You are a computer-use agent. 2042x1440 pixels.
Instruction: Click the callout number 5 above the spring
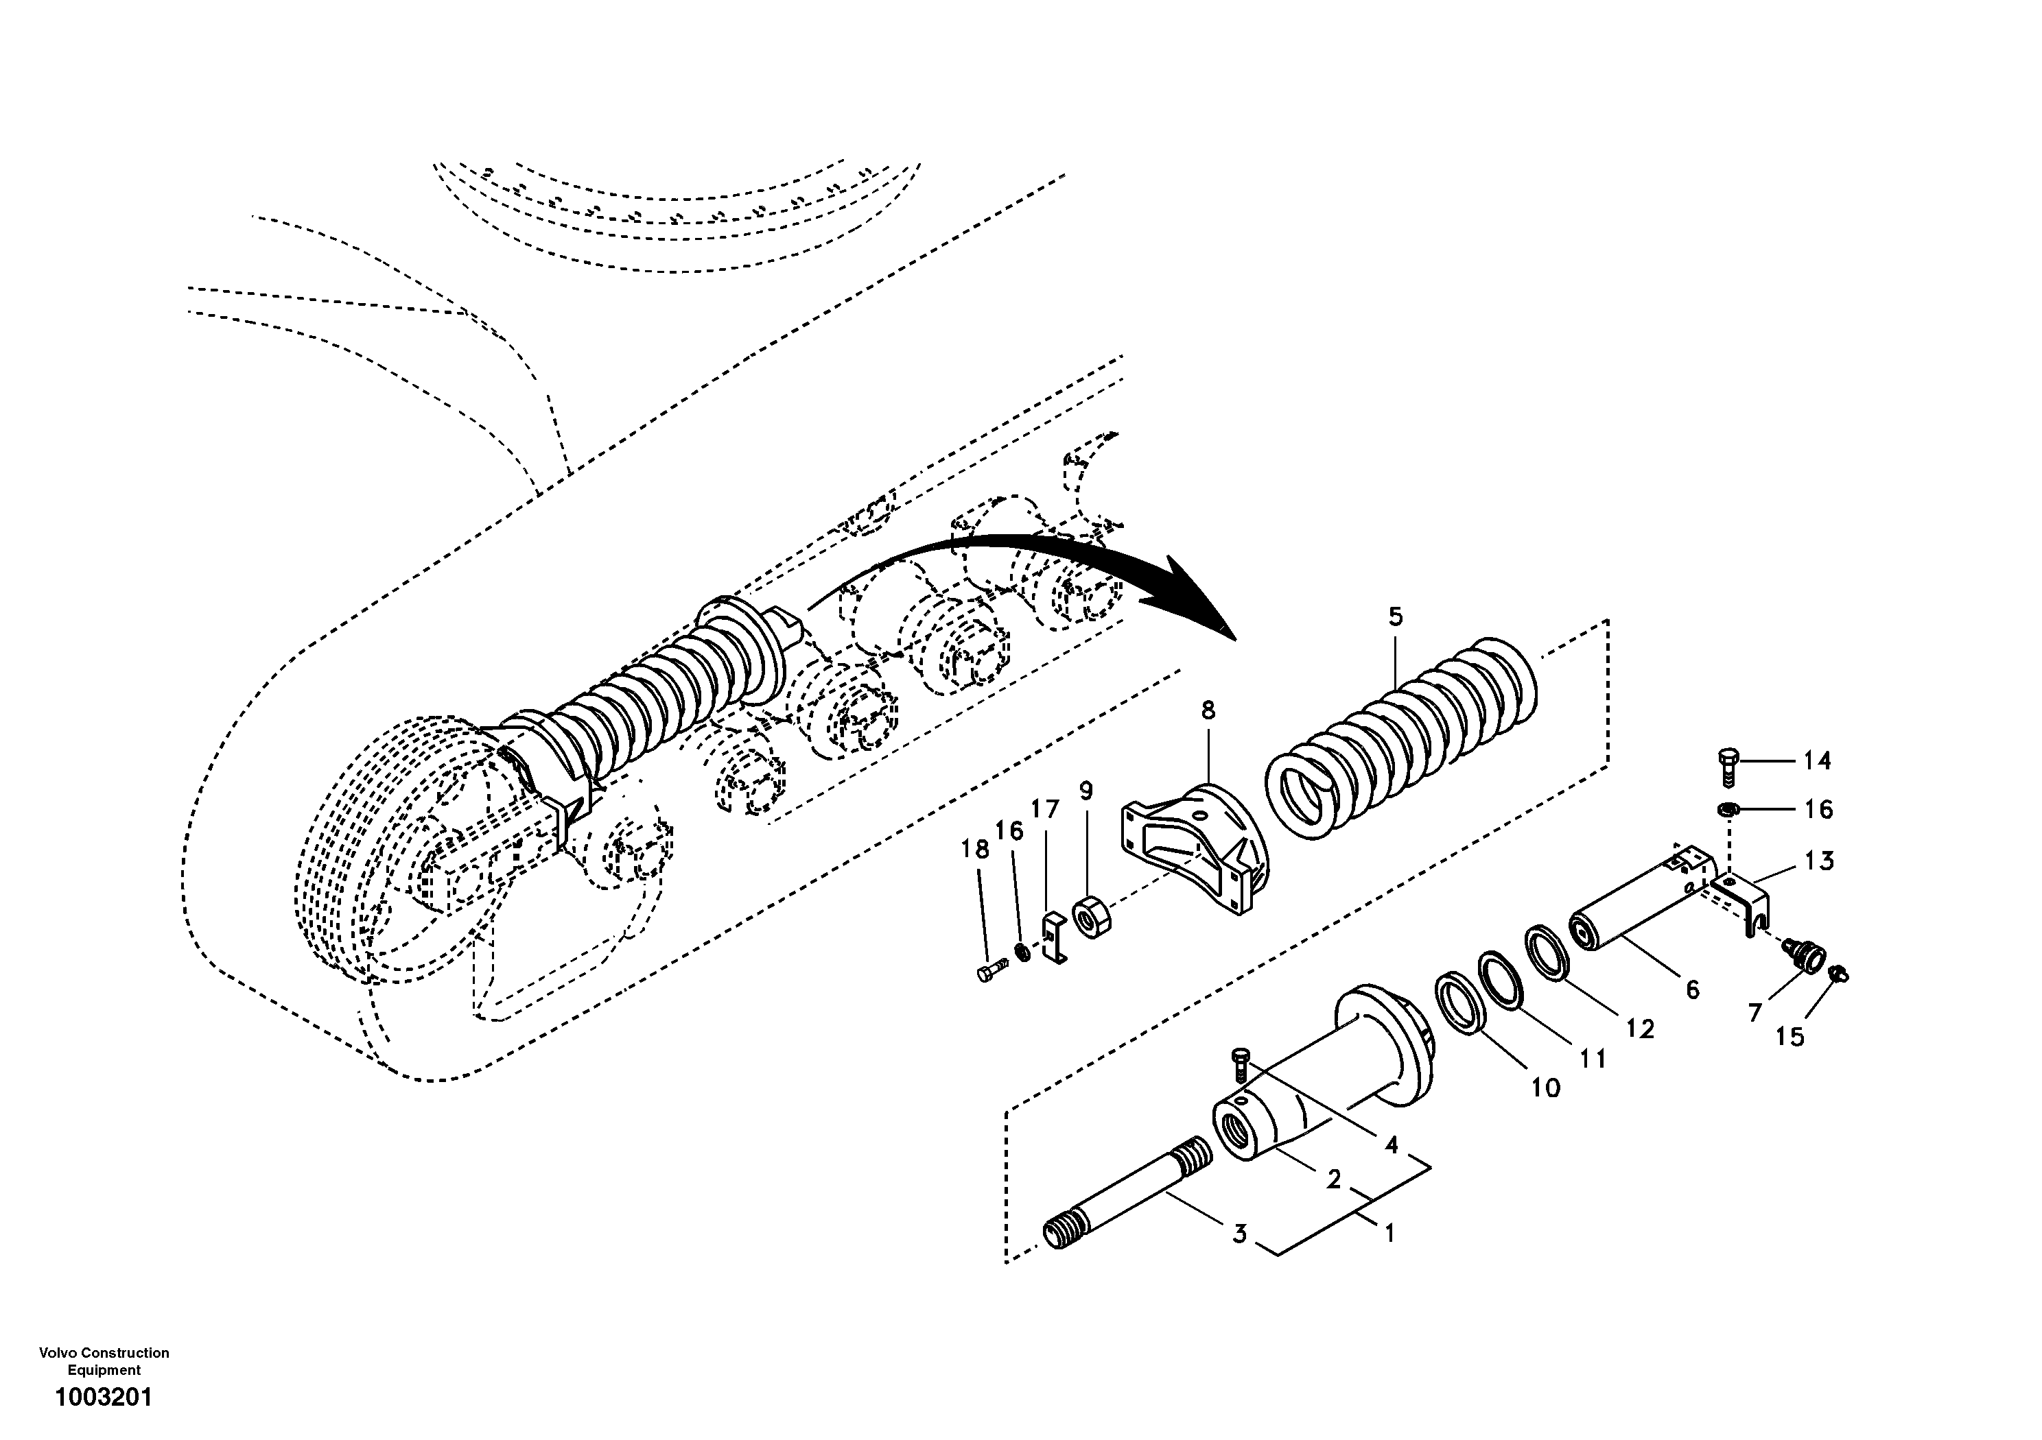(x=1394, y=617)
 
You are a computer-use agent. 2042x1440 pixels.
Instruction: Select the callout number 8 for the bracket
(x=1208, y=710)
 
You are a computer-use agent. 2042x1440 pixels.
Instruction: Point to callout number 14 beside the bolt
(x=1817, y=761)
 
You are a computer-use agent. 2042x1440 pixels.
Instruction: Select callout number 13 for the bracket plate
(x=1820, y=861)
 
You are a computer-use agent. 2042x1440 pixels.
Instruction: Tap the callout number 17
(x=1045, y=809)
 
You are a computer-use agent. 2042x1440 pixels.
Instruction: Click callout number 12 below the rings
(x=1640, y=1029)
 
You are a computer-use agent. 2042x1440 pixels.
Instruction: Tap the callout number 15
(x=1789, y=1036)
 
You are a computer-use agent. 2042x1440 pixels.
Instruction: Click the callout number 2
(x=1333, y=1179)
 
